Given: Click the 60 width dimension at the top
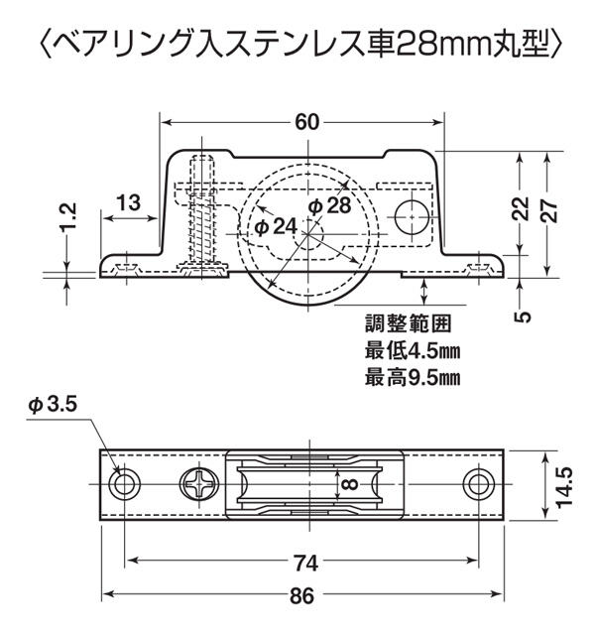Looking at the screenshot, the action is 306,122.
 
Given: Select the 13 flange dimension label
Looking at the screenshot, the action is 129,202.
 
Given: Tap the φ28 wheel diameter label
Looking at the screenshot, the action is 329,205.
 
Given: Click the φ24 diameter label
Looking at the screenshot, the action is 276,227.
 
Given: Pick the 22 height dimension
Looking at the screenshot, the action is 523,208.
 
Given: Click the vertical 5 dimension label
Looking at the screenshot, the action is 523,316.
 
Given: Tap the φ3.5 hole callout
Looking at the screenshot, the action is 53,404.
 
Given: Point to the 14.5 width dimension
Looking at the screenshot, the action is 564,486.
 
